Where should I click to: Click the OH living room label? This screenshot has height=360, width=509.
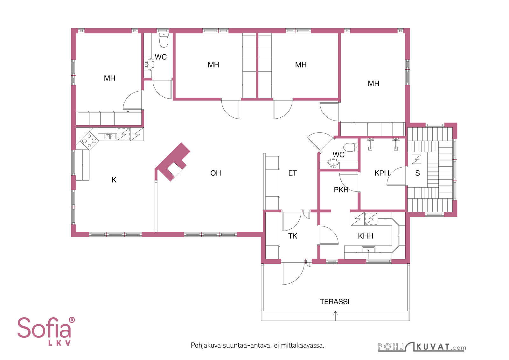click(x=215, y=173)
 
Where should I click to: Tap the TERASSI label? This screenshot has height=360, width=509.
click(x=334, y=301)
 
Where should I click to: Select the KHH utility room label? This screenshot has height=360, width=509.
click(x=366, y=236)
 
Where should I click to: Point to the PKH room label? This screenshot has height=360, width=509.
click(x=341, y=190)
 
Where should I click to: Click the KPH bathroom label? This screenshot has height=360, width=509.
click(x=382, y=173)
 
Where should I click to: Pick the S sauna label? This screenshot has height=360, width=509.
click(x=417, y=173)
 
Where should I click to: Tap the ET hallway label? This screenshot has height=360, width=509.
click(x=292, y=173)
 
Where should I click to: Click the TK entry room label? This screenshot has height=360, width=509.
click(x=293, y=236)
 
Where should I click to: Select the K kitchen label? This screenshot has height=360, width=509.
click(x=114, y=180)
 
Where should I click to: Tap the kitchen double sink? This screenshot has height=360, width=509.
click(x=110, y=136)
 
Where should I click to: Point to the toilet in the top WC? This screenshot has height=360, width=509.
click(x=164, y=40)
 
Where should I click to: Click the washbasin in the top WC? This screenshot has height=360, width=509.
click(x=149, y=65)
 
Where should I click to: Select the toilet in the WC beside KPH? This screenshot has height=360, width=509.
click(x=351, y=147)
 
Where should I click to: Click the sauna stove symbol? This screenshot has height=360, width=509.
click(x=416, y=159)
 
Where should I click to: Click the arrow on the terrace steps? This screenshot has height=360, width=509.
click(x=335, y=316)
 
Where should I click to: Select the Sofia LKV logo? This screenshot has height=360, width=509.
click(x=46, y=331)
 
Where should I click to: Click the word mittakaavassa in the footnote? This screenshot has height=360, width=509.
click(x=303, y=345)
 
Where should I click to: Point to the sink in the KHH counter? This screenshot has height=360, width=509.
click(x=369, y=250)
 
